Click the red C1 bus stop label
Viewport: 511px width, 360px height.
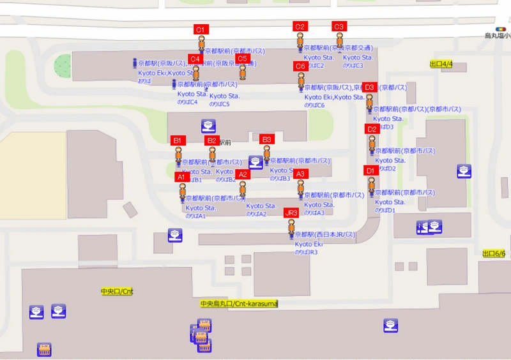[x=200, y=29]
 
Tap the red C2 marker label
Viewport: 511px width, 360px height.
[x=300, y=26]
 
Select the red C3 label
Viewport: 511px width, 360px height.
[x=339, y=26]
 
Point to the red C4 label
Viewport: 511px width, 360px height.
[x=195, y=59]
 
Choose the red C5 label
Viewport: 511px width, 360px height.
[x=242, y=59]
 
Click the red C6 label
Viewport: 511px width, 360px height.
[x=300, y=66]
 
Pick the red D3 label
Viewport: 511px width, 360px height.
[x=369, y=87]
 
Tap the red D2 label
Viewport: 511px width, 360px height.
[x=372, y=129]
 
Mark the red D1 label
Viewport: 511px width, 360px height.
[x=370, y=170]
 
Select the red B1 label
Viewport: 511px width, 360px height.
[x=178, y=140]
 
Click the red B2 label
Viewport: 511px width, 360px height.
[x=212, y=140]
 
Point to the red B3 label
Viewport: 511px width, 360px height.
[x=267, y=139]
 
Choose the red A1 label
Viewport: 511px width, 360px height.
[x=181, y=177]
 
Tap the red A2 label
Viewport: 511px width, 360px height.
[x=242, y=174]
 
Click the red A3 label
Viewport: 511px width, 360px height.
[x=301, y=174]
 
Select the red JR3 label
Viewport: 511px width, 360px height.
[x=291, y=213]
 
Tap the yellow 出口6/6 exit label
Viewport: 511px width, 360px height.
[x=494, y=253]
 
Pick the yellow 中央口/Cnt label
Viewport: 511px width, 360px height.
[x=117, y=292]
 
